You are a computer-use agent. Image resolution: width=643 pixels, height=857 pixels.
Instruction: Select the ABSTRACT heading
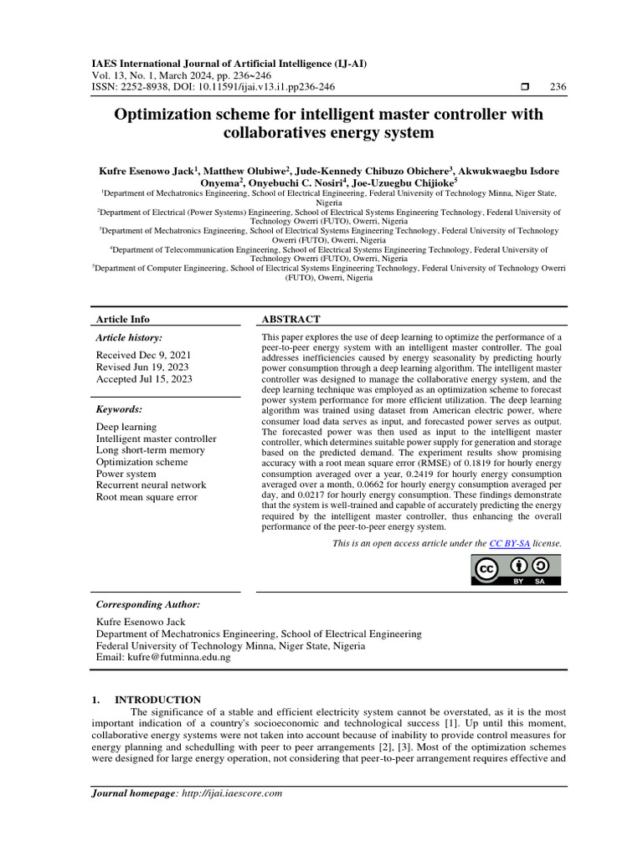[291, 319]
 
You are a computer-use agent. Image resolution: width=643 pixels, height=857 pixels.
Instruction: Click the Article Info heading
[123, 319]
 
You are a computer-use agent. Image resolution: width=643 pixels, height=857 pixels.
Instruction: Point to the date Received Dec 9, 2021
[144, 355]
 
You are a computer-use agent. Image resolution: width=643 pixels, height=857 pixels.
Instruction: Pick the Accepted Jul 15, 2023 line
[144, 378]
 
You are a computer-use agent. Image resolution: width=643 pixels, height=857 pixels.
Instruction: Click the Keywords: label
[119, 409]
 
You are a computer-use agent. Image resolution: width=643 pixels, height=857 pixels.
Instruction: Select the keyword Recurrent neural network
[151, 485]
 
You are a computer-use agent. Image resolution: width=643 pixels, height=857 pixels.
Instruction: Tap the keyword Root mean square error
[147, 496]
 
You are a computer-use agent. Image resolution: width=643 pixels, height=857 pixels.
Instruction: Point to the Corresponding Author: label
[148, 604]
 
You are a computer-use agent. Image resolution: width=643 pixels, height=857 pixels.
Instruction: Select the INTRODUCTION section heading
[157, 700]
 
